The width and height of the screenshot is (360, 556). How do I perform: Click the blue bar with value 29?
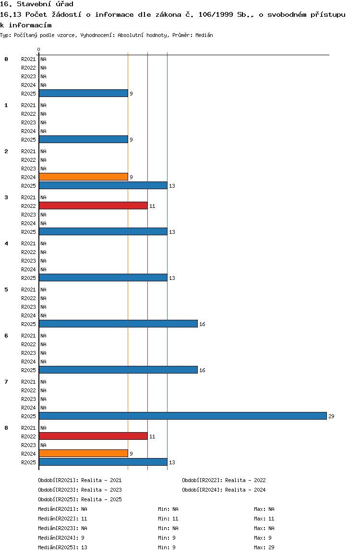point(183,416)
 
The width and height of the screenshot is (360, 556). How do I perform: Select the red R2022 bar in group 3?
point(93,205)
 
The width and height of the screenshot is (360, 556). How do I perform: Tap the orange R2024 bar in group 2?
point(83,177)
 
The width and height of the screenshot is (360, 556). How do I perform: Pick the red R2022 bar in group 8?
point(93,436)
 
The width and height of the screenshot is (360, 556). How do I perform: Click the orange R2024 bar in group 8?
point(83,454)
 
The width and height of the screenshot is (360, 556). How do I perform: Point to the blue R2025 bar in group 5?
point(118,324)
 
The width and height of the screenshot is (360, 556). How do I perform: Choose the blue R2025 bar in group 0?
point(83,93)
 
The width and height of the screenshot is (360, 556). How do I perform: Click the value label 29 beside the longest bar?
point(331,416)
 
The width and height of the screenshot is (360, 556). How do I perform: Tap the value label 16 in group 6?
point(203,370)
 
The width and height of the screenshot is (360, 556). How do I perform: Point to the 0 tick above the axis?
point(38,49)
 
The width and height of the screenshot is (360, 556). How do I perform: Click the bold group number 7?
point(6,382)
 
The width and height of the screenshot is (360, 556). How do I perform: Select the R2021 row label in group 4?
point(28,243)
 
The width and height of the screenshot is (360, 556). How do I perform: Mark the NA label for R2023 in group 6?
point(43,353)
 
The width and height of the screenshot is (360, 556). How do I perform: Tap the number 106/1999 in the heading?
point(216,14)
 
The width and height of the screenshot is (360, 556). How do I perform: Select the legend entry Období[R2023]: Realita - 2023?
point(80,490)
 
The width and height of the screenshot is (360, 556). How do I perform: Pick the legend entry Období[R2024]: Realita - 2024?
point(224,490)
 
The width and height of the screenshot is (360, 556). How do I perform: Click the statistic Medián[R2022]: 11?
point(62,519)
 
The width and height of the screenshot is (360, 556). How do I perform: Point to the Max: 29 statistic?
point(264,547)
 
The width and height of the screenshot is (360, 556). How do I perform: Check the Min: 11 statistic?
point(168,519)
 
